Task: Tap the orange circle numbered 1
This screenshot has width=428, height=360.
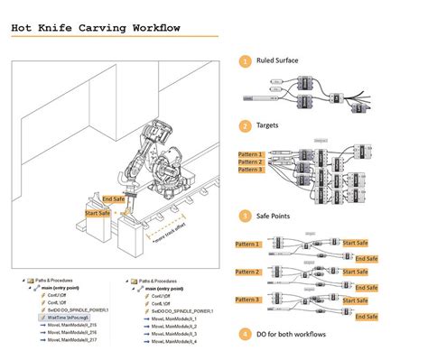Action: click(x=245, y=61)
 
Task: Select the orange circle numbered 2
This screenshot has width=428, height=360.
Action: click(x=245, y=125)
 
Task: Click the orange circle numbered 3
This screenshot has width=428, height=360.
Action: click(x=245, y=216)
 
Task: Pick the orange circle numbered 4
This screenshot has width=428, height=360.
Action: click(x=245, y=334)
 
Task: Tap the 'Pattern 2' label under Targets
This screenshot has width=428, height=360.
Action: click(x=251, y=162)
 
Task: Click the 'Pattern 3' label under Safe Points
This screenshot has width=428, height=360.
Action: click(x=247, y=299)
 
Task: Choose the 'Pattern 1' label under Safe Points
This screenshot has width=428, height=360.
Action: click(x=247, y=244)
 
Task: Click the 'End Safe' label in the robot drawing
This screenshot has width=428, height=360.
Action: click(x=114, y=198)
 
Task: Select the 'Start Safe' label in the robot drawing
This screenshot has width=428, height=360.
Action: click(x=99, y=213)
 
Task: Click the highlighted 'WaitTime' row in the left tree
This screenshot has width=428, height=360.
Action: click(x=68, y=318)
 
